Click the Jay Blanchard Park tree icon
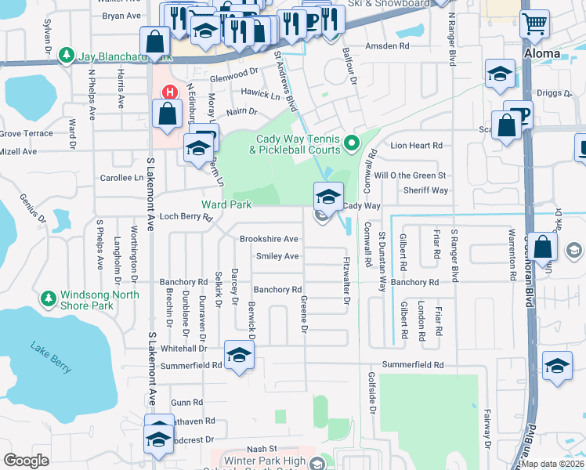[67, 56]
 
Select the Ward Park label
[226, 204]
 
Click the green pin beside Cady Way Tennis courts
[352, 143]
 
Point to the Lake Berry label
[51, 356]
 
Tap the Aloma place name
[541, 53]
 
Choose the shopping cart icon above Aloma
[534, 24]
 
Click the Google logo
[26, 460]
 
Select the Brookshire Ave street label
[269, 239]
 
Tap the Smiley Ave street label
[277, 256]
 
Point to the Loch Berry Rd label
[186, 217]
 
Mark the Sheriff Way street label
[425, 190]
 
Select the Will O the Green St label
[410, 175]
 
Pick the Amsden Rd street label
[392, 47]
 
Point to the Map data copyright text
[552, 464]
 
